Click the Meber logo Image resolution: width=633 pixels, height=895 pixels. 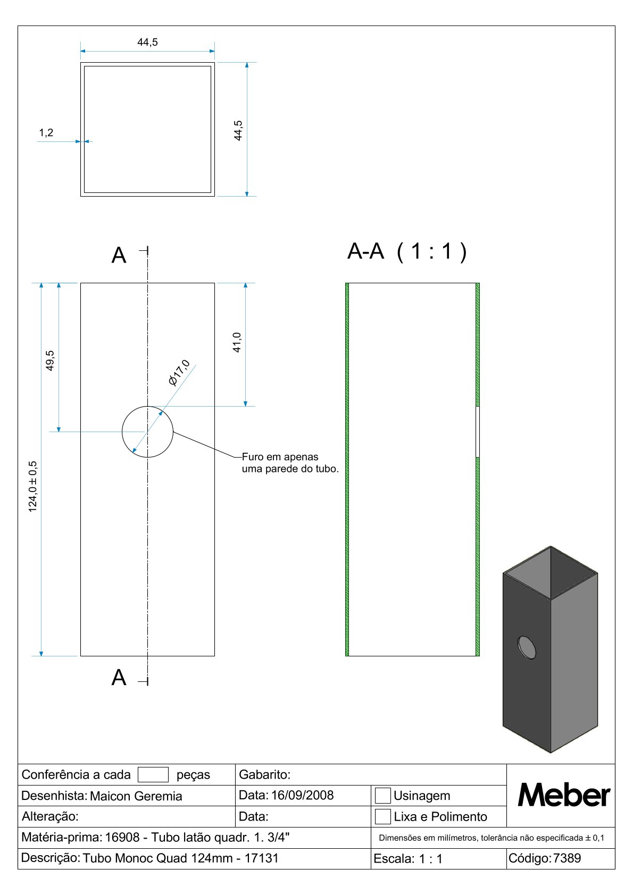click(564, 795)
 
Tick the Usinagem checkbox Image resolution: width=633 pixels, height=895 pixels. click(383, 796)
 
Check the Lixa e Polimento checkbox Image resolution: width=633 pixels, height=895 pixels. click(383, 816)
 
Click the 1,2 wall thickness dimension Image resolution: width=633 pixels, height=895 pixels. click(46, 133)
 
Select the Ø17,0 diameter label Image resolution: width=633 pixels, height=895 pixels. click(179, 373)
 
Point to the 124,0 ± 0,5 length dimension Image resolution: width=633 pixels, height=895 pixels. click(33, 486)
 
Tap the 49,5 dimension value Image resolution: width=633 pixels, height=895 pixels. click(50, 360)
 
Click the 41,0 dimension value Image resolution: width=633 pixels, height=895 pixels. click(237, 342)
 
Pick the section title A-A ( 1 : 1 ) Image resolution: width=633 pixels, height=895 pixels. click(407, 251)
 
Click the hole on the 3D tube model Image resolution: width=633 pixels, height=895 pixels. click(527, 647)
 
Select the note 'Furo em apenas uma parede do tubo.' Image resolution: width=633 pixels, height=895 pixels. click(290, 463)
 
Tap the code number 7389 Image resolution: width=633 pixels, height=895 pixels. click(567, 858)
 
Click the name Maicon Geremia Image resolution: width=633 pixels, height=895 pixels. click(136, 796)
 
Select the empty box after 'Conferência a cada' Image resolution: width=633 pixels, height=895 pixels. click(153, 774)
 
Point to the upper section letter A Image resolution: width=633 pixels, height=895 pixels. click(119, 256)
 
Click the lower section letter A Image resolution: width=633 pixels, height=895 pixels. click(119, 678)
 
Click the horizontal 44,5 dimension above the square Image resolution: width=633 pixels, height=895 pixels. click(147, 43)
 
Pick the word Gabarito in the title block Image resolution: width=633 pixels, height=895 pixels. click(264, 774)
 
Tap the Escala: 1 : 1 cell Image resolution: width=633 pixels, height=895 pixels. click(408, 858)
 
